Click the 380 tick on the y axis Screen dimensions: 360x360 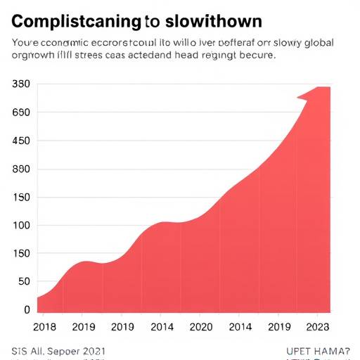point(21,84)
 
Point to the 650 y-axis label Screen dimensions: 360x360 point(21,112)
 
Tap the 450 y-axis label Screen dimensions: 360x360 point(21,141)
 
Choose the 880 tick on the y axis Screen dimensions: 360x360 point(21,169)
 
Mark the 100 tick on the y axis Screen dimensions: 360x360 point(21,226)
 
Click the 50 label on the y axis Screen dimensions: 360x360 point(24,282)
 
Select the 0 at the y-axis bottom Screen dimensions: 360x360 point(27,309)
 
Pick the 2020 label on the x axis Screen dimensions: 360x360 point(200,327)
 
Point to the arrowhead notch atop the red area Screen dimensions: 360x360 point(304,98)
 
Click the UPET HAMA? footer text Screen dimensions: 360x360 point(317,349)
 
